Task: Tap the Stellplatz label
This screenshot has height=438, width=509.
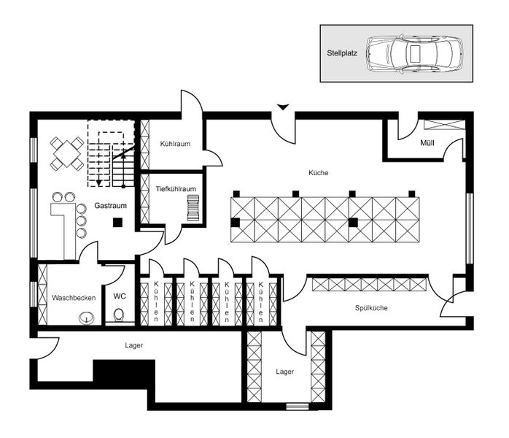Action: pos(342,53)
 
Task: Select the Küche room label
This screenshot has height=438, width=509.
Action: pos(319,173)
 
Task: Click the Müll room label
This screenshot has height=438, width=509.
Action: pos(427,142)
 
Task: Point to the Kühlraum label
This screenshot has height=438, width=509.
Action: pos(175,144)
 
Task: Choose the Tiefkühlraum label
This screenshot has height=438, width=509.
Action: pos(176,188)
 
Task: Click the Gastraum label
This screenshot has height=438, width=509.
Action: pos(111,206)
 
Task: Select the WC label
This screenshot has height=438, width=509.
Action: pos(120,297)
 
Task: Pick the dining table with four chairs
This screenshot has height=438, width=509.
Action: pos(67,153)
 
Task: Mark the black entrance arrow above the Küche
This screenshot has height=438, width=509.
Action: pos(283,108)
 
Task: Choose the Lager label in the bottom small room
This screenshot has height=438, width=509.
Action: pos(285,372)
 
